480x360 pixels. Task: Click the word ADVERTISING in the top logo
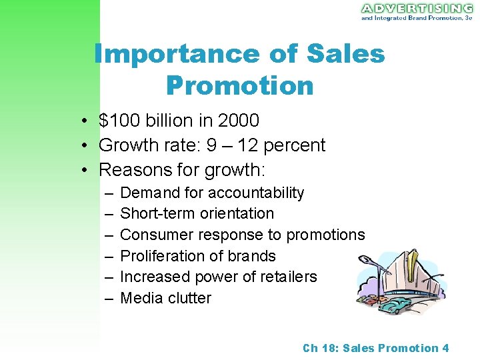coord(416,9)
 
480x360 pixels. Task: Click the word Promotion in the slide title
coord(239,85)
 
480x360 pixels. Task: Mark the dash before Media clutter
coord(109,298)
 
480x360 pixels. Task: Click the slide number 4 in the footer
coord(445,348)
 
